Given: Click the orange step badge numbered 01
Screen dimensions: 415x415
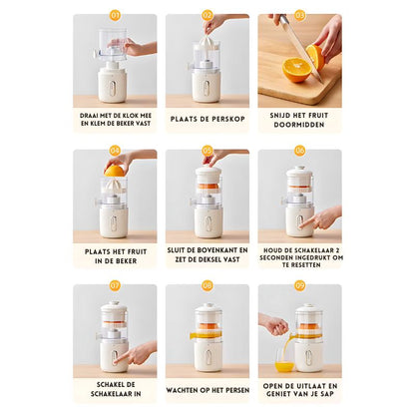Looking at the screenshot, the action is (115, 15).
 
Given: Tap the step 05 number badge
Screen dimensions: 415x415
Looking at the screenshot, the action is (207, 151).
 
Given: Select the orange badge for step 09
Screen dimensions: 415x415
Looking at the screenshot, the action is (299, 285).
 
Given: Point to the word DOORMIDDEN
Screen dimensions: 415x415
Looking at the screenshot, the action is (299, 125).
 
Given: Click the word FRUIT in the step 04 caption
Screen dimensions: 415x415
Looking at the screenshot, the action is (136, 251).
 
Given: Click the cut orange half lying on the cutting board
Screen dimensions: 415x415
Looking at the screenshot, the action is (296, 70).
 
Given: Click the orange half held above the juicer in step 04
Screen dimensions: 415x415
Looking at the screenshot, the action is (114, 171).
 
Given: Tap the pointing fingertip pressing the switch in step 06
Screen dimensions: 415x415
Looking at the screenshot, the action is (301, 225).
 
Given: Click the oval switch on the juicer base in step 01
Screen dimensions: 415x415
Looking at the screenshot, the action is (113, 88).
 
